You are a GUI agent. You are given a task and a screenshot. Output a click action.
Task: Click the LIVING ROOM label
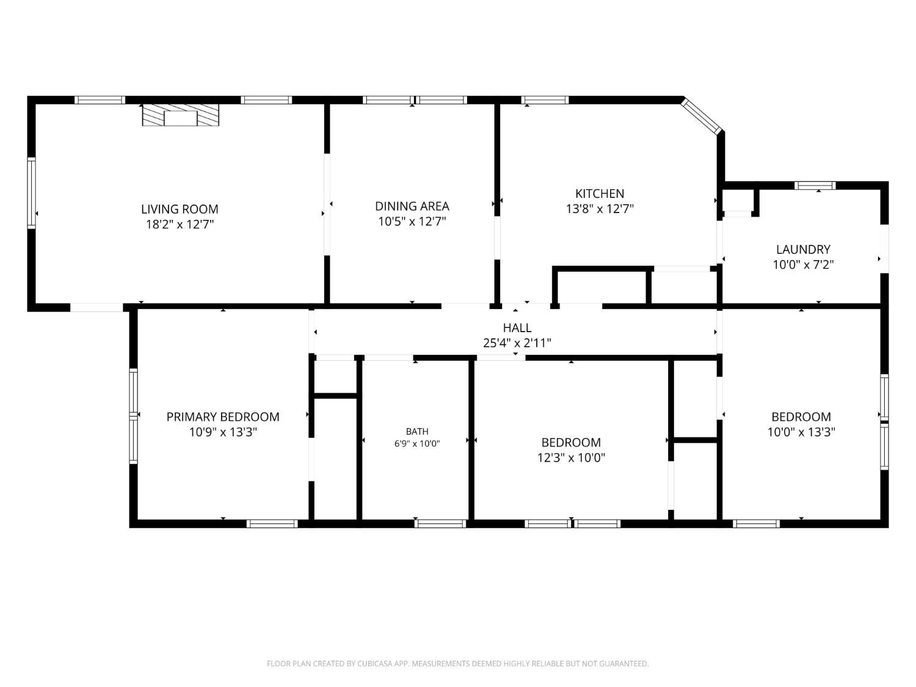pyautogui.click(x=180, y=209)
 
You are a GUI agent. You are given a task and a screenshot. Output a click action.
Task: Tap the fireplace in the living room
pyautogui.click(x=180, y=115)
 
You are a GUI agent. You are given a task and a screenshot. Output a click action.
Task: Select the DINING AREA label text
pyautogui.click(x=412, y=206)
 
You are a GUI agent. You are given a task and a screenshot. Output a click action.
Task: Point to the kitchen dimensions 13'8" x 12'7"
pyautogui.click(x=599, y=209)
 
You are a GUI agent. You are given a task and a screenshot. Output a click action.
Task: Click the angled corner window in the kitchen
pyautogui.click(x=701, y=116)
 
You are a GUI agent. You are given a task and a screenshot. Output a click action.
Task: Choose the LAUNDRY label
pyautogui.click(x=803, y=249)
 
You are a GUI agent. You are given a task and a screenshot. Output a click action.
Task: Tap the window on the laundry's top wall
pyautogui.click(x=815, y=186)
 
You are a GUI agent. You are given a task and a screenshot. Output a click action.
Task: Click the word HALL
pyautogui.click(x=517, y=328)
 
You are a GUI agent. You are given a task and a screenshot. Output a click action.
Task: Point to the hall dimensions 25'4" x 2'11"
pyautogui.click(x=517, y=343)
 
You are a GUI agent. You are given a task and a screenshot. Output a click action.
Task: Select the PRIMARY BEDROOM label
pyautogui.click(x=223, y=416)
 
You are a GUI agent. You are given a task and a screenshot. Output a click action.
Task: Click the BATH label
pyautogui.click(x=417, y=431)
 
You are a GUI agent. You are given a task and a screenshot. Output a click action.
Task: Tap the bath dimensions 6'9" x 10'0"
pyautogui.click(x=417, y=443)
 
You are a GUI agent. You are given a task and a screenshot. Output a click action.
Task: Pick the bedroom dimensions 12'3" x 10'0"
pyautogui.click(x=571, y=457)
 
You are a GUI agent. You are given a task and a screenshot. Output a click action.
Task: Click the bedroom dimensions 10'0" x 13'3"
pyautogui.click(x=801, y=432)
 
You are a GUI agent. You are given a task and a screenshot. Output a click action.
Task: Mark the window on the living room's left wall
pyautogui.click(x=31, y=193)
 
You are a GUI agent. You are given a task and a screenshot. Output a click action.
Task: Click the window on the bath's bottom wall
pyautogui.click(x=440, y=523)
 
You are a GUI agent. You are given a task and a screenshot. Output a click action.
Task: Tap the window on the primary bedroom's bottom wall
pyautogui.click(x=272, y=523)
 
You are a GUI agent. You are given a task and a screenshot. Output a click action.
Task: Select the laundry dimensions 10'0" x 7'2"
pyautogui.click(x=803, y=264)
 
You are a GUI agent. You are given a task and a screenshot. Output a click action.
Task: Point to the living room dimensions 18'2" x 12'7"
pyautogui.click(x=180, y=224)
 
